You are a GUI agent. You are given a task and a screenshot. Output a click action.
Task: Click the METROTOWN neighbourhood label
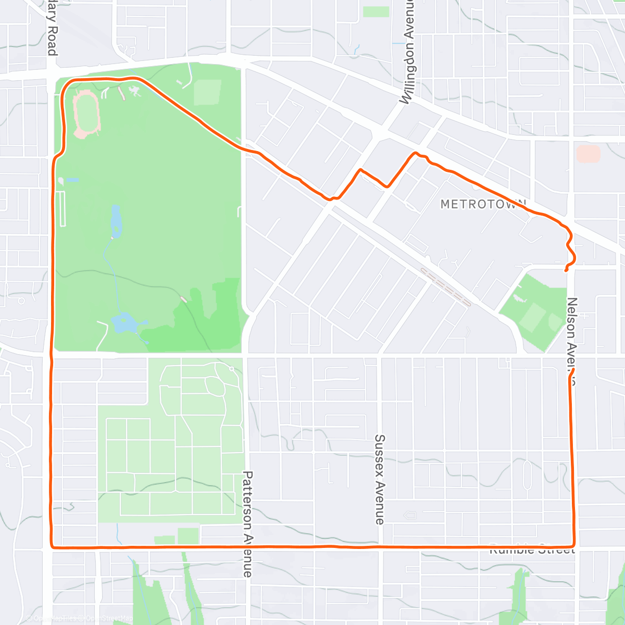pos(483,204)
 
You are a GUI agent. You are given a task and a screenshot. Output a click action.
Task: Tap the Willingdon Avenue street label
pos(409,52)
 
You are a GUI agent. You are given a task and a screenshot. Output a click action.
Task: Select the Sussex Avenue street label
pos(380,479)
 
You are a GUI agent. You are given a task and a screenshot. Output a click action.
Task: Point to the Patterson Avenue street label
pos(247,524)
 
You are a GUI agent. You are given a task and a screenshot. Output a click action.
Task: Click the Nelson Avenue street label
pos(572,341)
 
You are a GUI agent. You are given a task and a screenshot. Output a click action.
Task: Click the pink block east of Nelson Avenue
pos(588,154)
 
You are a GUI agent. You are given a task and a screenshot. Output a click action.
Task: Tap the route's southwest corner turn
pos(53,546)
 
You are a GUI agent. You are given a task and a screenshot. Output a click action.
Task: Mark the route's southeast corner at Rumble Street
pos(573,545)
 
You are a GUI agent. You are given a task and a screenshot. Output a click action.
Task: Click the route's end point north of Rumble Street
pos(572,370)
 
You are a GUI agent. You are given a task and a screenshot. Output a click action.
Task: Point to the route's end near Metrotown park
pos(566,270)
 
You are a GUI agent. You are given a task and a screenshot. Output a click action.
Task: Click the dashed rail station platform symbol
pos(445,287)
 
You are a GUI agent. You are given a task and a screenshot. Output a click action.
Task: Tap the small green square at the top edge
pos(376,11)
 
